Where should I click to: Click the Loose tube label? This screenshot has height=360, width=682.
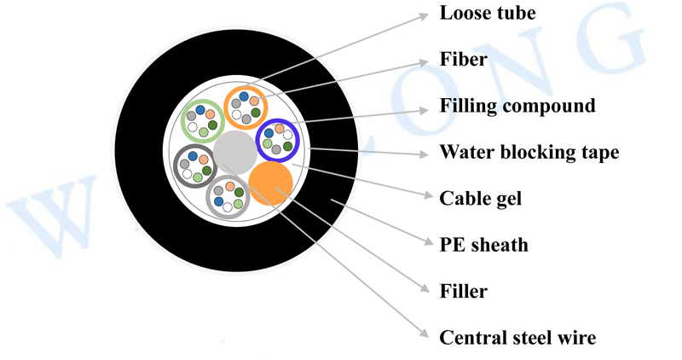tap(488, 14)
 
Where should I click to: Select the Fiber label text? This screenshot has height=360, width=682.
tap(463, 60)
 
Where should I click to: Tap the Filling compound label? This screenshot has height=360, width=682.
tap(517, 107)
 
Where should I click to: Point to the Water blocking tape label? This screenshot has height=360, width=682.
tap(529, 153)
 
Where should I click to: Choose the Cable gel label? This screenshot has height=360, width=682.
tap(480, 199)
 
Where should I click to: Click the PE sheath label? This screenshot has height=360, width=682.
tap(483, 246)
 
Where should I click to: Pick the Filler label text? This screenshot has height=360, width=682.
tap(463, 292)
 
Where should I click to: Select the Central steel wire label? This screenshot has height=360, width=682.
tap(517, 338)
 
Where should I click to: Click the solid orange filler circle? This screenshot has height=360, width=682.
tap(271, 182)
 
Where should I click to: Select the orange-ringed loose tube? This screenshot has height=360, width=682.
tap(246, 107)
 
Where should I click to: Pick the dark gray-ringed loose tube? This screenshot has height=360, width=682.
tap(194, 165)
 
